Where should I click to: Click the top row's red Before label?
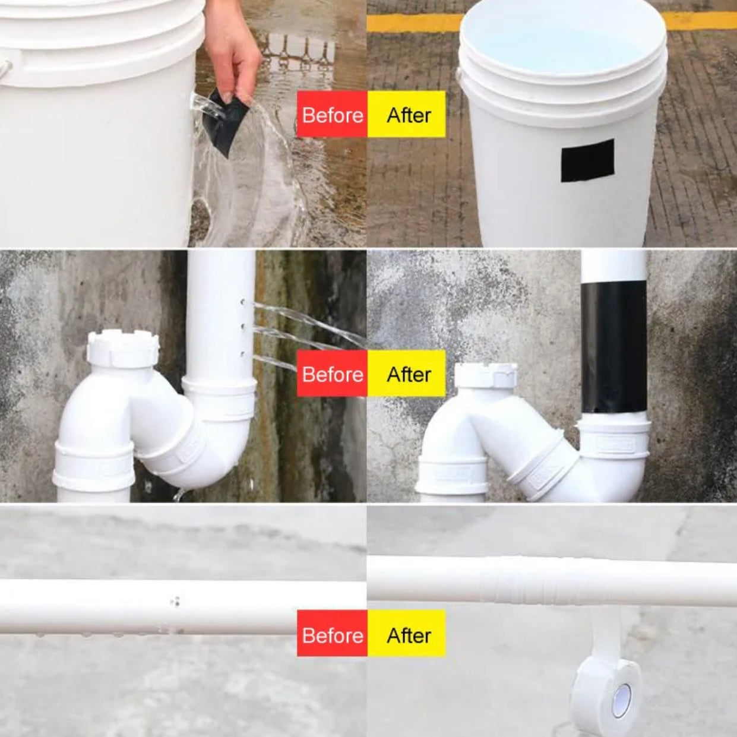332,114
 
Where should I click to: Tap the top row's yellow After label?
407,114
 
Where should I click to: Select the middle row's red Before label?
332,374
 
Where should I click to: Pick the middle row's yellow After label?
407,374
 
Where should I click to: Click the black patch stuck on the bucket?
587,160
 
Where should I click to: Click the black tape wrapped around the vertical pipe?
613,347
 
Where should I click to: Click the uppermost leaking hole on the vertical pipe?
243,302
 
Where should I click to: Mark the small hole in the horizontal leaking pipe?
175,602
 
